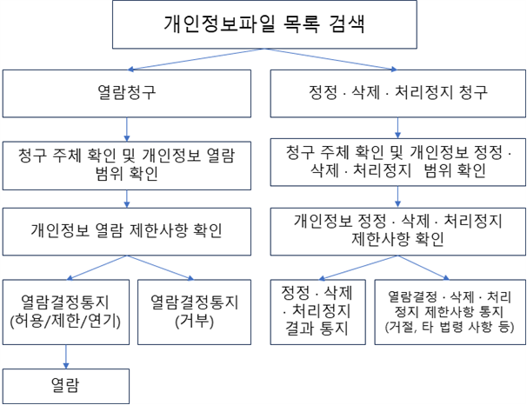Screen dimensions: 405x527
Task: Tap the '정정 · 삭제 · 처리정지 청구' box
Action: [397, 92]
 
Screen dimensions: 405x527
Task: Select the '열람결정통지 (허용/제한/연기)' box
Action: [66, 312]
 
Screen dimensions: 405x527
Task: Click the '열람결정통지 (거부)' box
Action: [195, 312]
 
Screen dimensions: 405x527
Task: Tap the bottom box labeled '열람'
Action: [66, 386]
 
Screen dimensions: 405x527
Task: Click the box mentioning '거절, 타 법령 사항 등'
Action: [447, 312]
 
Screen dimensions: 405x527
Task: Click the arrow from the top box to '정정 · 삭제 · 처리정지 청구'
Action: [330, 59]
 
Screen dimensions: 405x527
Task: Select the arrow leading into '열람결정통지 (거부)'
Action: [162, 266]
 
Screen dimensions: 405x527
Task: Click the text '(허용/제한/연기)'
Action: [66, 323]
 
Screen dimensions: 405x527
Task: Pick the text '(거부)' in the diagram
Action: [195, 323]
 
